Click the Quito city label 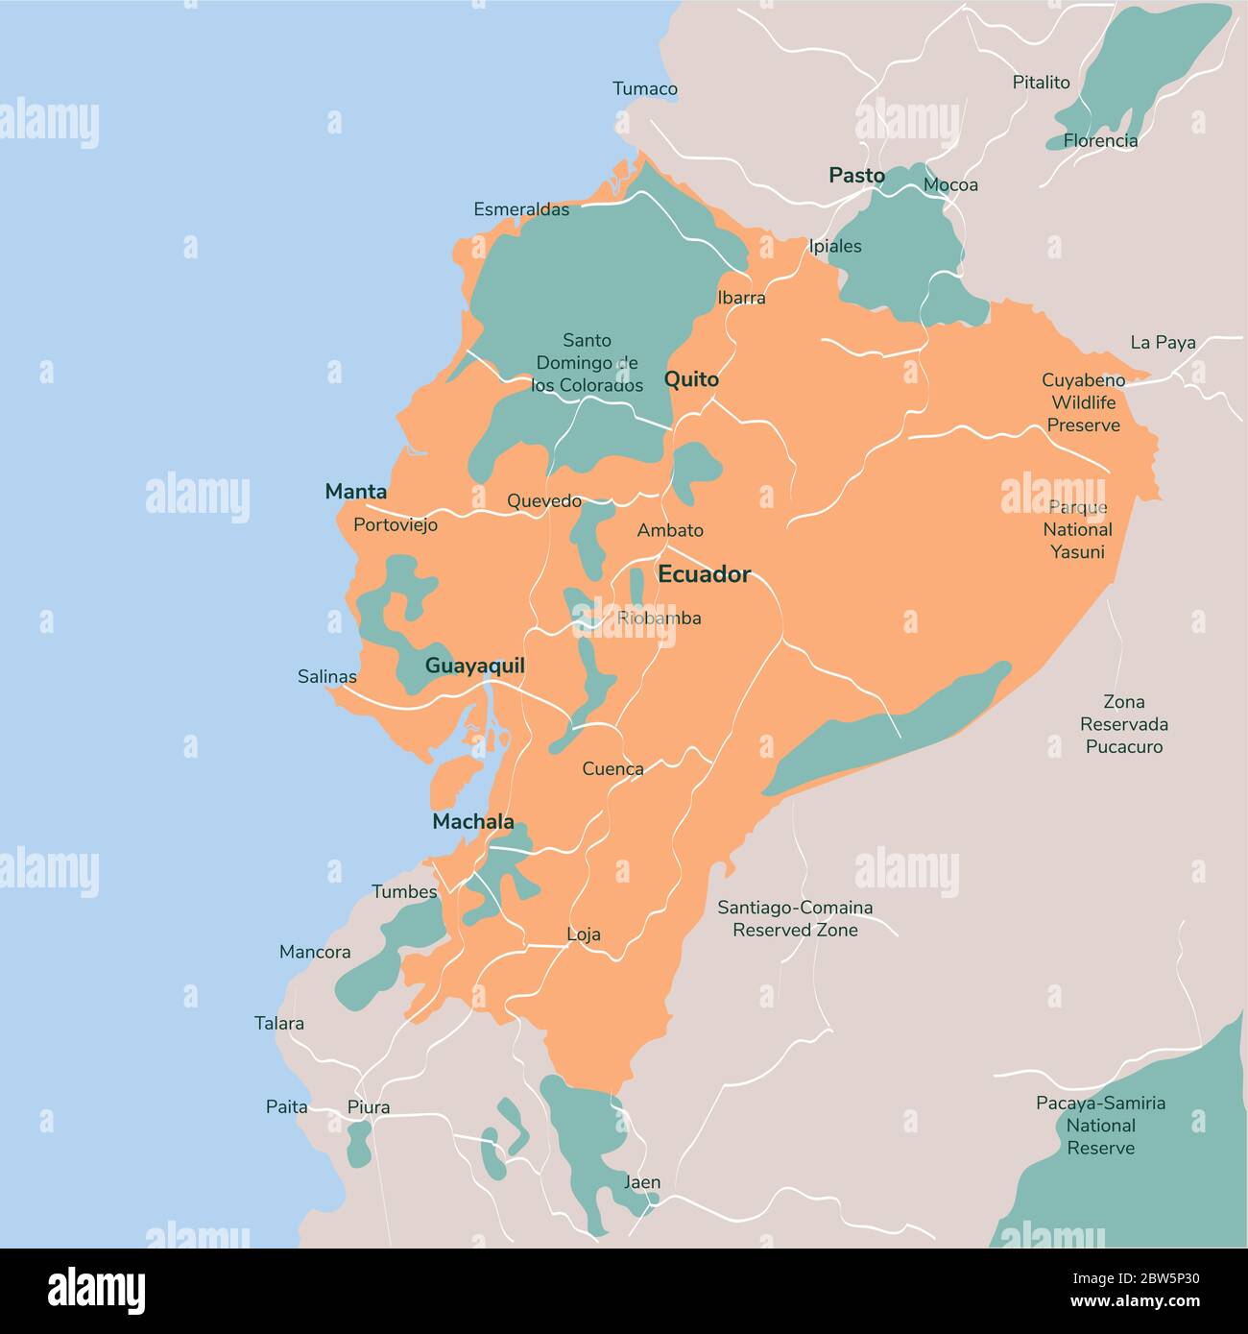[691, 379]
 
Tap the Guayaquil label [474, 666]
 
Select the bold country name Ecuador [704, 574]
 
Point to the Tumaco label [645, 88]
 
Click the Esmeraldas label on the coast [521, 209]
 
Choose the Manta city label [356, 492]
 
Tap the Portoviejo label [396, 524]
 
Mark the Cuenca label [612, 768]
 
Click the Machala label [473, 821]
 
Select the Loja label [584, 934]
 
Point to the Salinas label [327, 676]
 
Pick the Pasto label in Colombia [856, 175]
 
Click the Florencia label [1100, 140]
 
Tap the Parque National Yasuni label [1077, 529]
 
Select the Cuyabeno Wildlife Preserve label [1083, 402]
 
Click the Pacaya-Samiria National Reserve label [1100, 1125]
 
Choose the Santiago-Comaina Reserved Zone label [795, 918]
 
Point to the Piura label [369, 1107]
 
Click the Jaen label [642, 1181]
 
